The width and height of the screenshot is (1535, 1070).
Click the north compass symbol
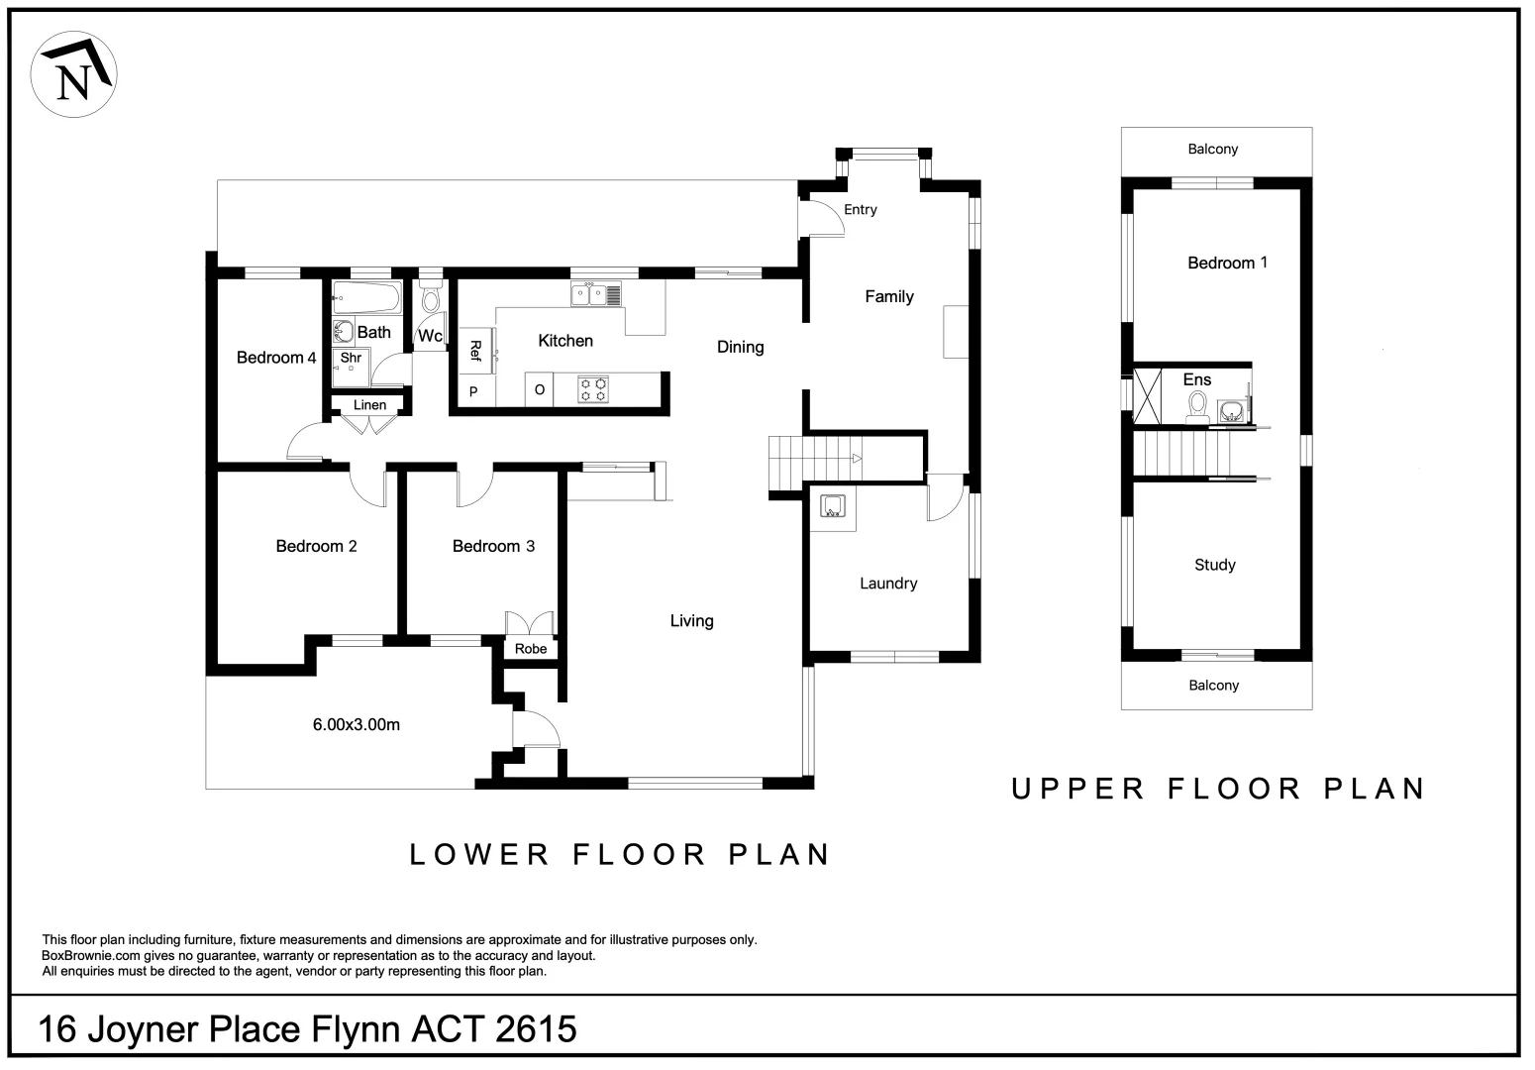[x=73, y=74]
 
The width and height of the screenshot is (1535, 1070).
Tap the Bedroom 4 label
[x=276, y=357]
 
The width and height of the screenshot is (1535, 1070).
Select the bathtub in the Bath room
[x=366, y=298]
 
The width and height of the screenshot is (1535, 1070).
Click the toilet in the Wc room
[x=431, y=299]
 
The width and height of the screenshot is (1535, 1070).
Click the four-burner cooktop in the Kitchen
[x=593, y=389]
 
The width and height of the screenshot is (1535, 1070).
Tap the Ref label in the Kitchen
[x=475, y=351]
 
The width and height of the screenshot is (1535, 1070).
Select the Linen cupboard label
[x=370, y=405]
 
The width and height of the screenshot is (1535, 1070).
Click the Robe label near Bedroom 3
[x=531, y=649]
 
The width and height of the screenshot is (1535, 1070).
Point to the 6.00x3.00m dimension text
[x=357, y=724]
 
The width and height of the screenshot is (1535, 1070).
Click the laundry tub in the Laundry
[x=833, y=506]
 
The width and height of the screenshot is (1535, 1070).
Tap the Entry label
[x=861, y=210]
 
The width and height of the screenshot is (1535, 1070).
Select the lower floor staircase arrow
[x=857, y=459]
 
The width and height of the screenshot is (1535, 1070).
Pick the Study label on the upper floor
[x=1215, y=565]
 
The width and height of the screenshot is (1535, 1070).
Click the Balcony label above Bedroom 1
[x=1213, y=149]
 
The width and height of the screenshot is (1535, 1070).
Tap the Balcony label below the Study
[x=1213, y=685]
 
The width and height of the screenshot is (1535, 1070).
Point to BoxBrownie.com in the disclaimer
[x=91, y=955]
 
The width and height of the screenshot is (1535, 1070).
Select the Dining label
[x=740, y=347]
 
